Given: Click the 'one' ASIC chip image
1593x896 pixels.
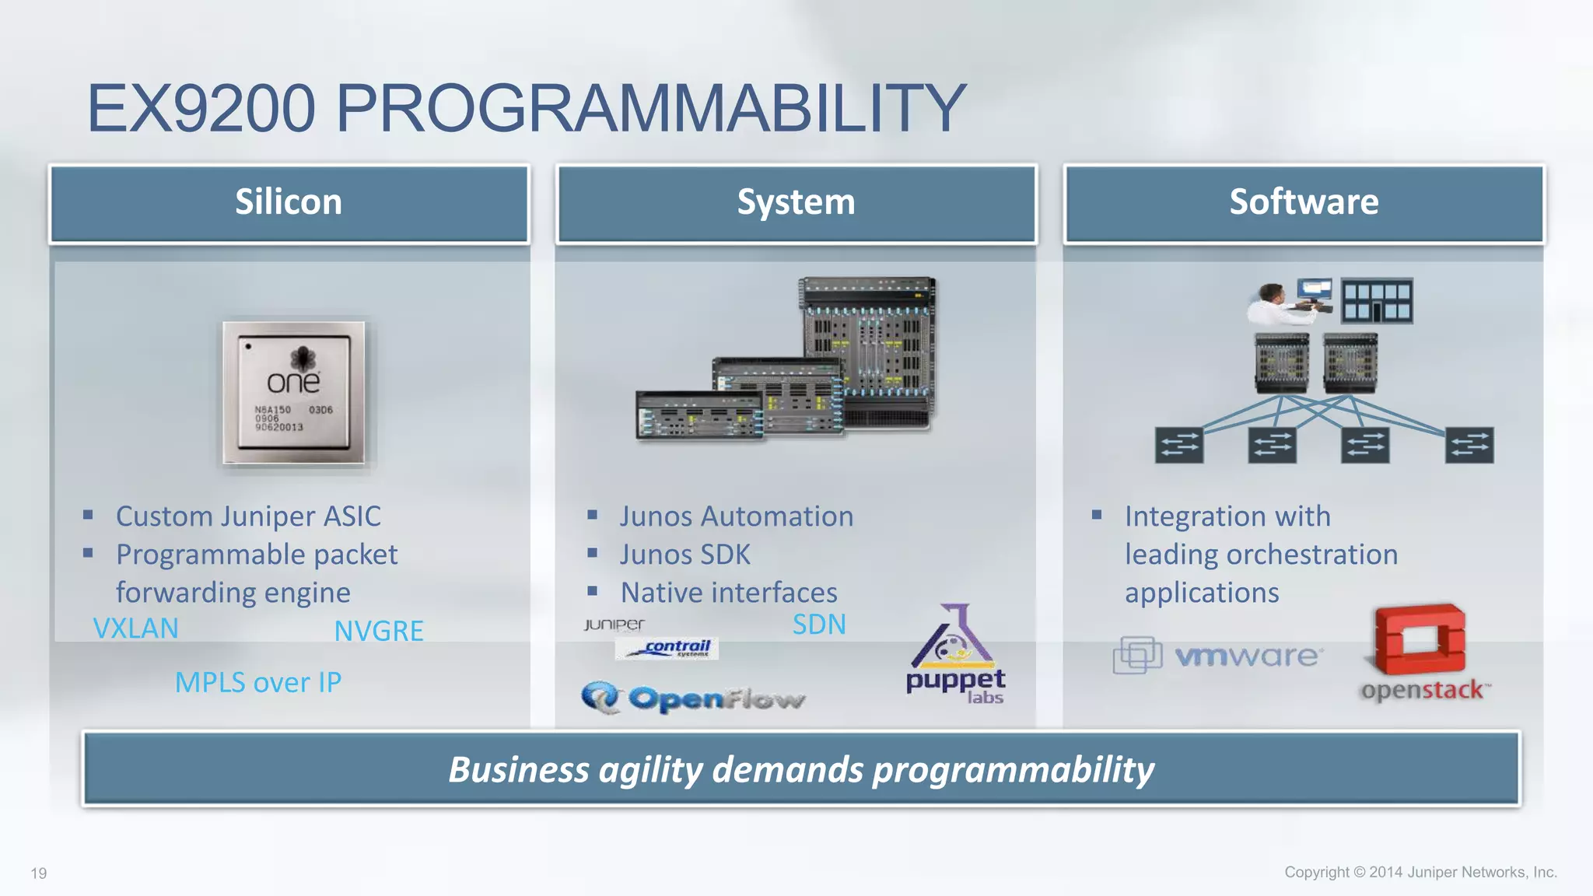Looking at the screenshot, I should pyautogui.click(x=293, y=392).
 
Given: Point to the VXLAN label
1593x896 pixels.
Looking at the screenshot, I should pyautogui.click(x=135, y=628).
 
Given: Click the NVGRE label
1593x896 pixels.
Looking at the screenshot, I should pyautogui.click(x=379, y=631).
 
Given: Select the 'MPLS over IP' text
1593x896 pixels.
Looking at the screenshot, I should pyautogui.click(x=257, y=682).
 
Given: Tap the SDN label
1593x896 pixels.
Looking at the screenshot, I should pyautogui.click(x=818, y=625).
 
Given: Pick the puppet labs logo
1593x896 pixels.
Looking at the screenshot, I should pyautogui.click(x=955, y=656).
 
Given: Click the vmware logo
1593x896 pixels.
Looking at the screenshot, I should pyautogui.click(x=1217, y=656).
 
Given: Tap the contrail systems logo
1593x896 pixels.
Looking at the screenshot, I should pyautogui.click(x=667, y=648).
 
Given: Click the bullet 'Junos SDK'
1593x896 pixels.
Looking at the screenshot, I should pyautogui.click(x=684, y=555).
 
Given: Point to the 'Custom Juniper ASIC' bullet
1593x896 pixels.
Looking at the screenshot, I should pyautogui.click(x=248, y=516).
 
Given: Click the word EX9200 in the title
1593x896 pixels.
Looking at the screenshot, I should pyautogui.click(x=201, y=109).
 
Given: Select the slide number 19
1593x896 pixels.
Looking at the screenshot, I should pyautogui.click(x=39, y=873).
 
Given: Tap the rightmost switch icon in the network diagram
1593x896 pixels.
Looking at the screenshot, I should pyautogui.click(x=1469, y=446).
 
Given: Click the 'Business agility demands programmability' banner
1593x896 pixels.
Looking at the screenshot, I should pyautogui.click(x=801, y=769).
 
